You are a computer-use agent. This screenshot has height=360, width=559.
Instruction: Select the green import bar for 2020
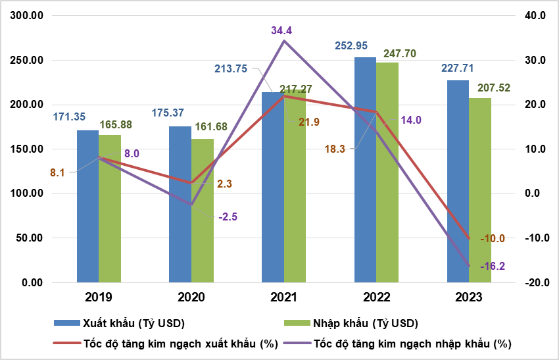coord(203,211)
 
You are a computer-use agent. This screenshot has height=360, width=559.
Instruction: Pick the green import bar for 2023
coord(480,190)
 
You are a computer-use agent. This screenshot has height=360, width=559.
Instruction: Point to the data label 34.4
coord(283,30)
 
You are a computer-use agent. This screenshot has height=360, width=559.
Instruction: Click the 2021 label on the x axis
coord(283,297)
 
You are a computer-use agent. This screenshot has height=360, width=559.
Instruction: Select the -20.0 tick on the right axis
coord(537,283)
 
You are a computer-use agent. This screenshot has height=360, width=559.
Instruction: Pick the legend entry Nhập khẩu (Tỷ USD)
coord(366,323)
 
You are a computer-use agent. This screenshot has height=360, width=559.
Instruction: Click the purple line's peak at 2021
coord(283,41)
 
